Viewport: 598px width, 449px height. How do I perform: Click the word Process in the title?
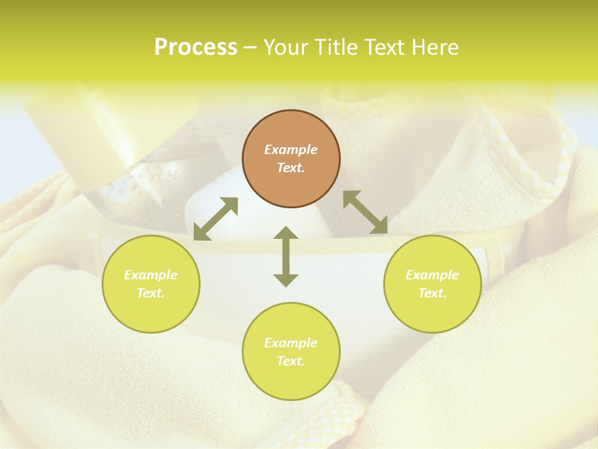(196, 47)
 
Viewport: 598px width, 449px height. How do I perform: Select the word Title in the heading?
(337, 47)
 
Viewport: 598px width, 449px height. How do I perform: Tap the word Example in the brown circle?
(291, 150)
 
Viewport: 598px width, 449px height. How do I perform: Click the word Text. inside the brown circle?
(291, 168)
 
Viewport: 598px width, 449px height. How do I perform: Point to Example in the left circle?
(151, 275)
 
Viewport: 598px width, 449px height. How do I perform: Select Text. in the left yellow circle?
(151, 293)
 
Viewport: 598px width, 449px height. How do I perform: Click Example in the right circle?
(432, 275)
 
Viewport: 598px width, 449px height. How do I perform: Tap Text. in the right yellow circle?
(432, 293)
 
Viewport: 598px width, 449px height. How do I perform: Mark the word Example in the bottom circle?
(291, 343)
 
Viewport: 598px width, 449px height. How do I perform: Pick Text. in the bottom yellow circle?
(291, 361)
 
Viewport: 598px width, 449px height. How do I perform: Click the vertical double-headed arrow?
(286, 256)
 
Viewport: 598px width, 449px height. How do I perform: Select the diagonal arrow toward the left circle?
(216, 219)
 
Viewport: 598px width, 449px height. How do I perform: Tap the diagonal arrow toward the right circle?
(365, 212)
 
